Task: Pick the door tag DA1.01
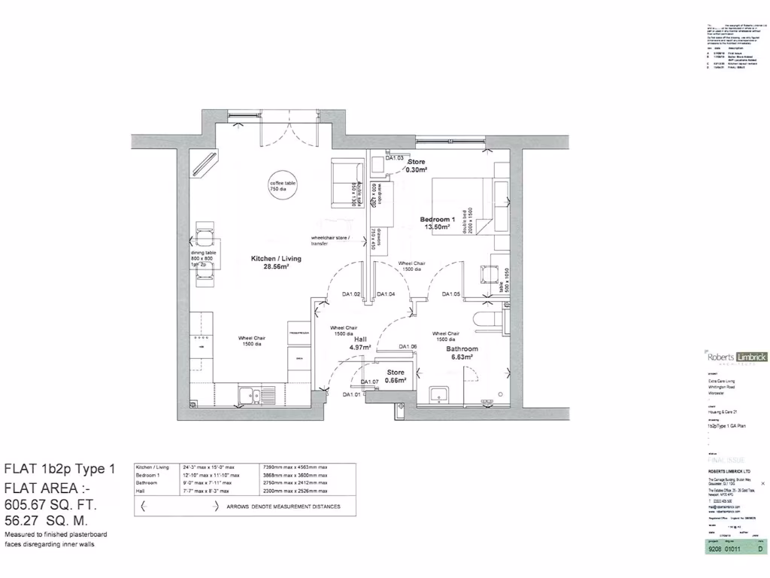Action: [352, 394]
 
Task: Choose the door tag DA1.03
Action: [395, 158]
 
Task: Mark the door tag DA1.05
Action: [451, 294]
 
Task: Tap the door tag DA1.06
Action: [408, 346]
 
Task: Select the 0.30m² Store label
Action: [417, 166]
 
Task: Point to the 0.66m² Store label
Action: [396, 376]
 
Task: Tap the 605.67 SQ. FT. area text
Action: [50, 504]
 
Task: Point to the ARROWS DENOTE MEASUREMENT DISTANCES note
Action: [283, 507]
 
